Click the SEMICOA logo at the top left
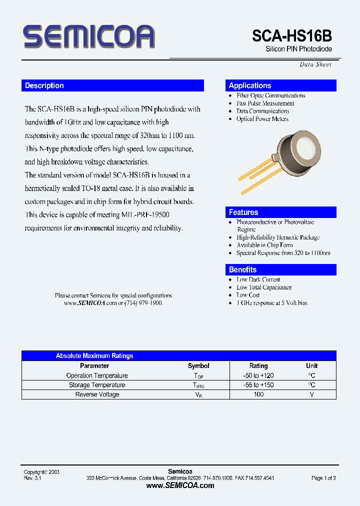[89, 36]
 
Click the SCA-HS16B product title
[291, 36]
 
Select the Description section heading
[44, 85]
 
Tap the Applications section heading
[249, 85]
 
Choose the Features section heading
[243, 212]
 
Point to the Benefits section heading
[242, 269]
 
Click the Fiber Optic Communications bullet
[270, 95]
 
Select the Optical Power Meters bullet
[262, 119]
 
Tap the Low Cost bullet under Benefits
[248, 295]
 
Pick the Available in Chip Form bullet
[264, 245]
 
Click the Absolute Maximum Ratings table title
[94, 356]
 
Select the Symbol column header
[198, 366]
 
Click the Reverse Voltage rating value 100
[258, 394]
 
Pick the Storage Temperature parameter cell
[97, 385]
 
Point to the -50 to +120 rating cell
[258, 375]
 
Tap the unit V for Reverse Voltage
[311, 394]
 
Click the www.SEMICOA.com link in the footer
[180, 485]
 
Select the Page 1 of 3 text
[323, 478]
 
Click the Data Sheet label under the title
[315, 64]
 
